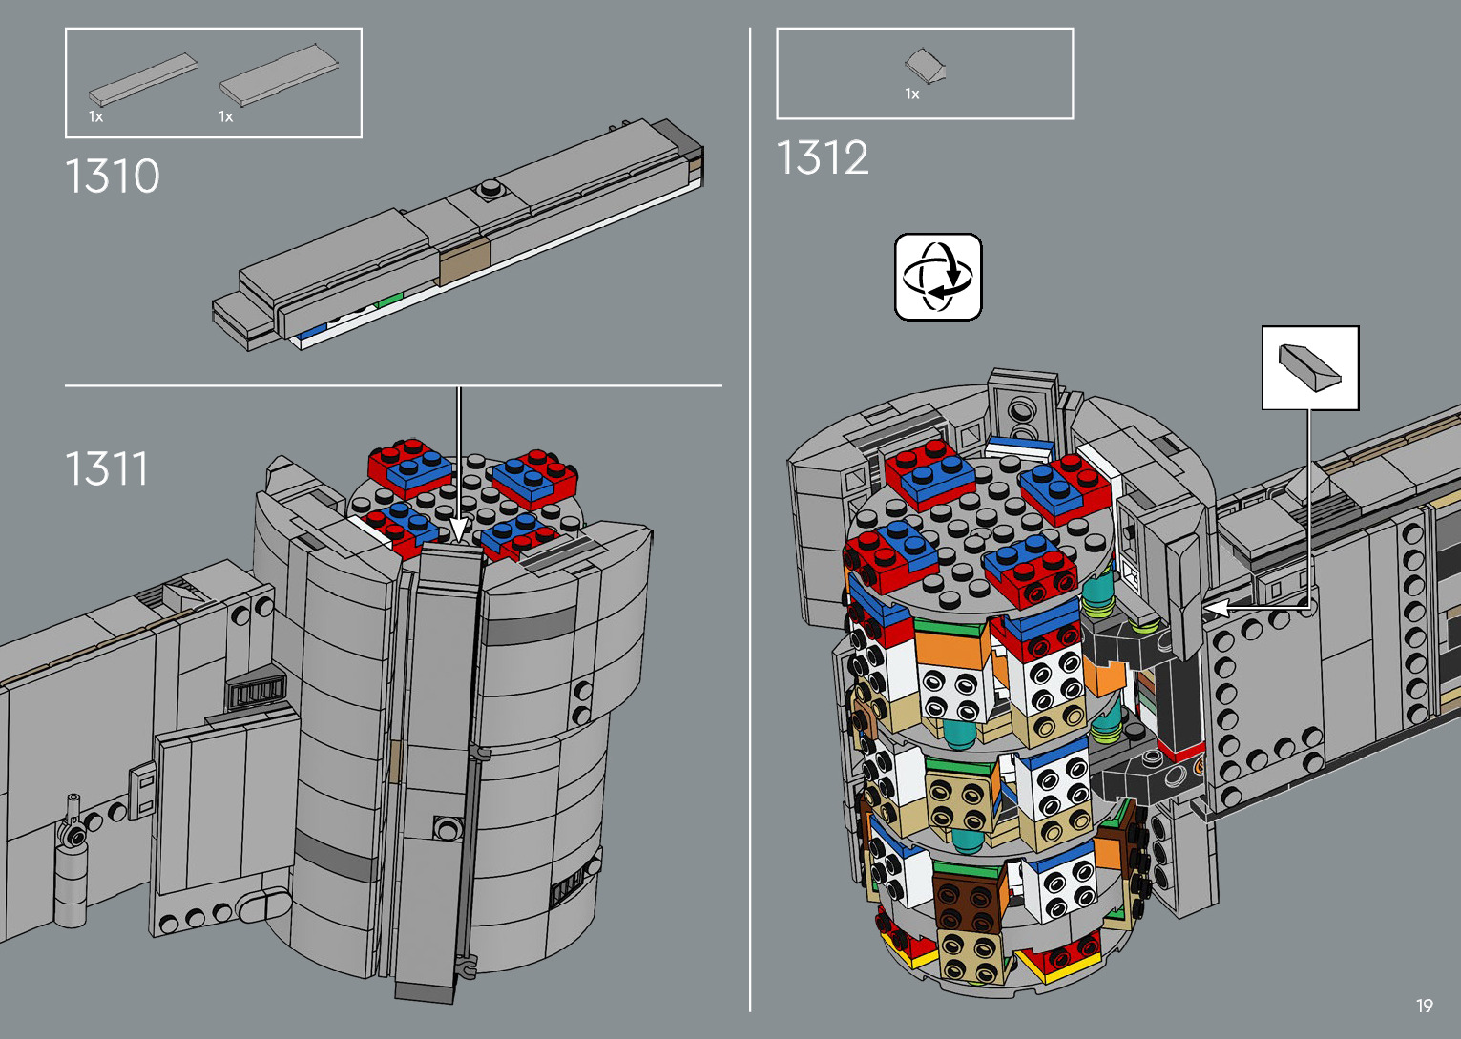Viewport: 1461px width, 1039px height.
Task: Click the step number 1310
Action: coord(113,177)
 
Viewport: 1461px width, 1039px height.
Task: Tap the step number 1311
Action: coord(107,468)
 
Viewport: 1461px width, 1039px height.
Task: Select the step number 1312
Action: coord(823,157)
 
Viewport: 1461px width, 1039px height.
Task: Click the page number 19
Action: coord(1424,1006)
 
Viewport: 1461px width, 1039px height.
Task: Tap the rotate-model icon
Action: coord(938,277)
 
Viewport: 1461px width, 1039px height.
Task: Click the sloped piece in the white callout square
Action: coord(1309,367)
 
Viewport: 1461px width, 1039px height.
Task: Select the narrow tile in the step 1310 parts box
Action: coord(142,79)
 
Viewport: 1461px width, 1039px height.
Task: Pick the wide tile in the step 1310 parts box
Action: coord(279,75)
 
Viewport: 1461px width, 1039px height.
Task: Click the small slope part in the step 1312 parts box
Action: coord(925,66)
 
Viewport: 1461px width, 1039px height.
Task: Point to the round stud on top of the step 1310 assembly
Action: coord(489,189)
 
